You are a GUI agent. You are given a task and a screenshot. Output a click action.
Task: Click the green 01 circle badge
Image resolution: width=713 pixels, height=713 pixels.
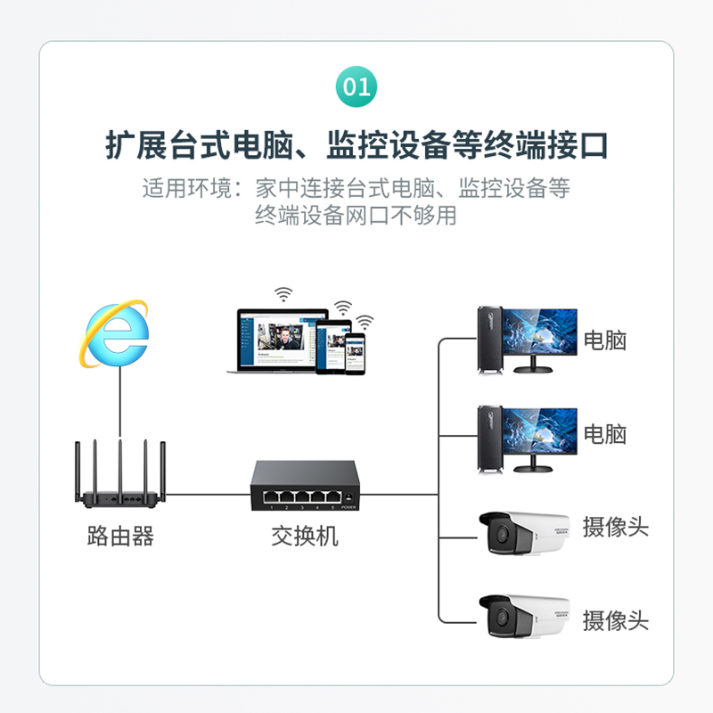click(356, 86)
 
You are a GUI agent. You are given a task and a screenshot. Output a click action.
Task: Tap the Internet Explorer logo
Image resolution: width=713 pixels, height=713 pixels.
click(117, 333)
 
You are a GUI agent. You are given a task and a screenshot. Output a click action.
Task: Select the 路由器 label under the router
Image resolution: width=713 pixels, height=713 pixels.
click(120, 536)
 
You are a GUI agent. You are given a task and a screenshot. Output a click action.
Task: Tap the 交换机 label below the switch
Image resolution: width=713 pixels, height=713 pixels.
click(305, 537)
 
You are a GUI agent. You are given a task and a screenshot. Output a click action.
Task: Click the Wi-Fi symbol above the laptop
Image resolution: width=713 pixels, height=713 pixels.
click(283, 294)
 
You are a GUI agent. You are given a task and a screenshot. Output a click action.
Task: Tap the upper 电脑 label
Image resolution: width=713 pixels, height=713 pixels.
click(605, 340)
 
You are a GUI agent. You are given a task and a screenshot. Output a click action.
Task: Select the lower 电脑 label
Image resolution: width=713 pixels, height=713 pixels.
click(605, 434)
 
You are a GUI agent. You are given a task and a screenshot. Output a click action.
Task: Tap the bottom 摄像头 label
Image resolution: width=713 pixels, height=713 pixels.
click(615, 621)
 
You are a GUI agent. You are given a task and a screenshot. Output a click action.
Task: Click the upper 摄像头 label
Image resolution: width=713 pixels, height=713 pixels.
click(615, 527)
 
